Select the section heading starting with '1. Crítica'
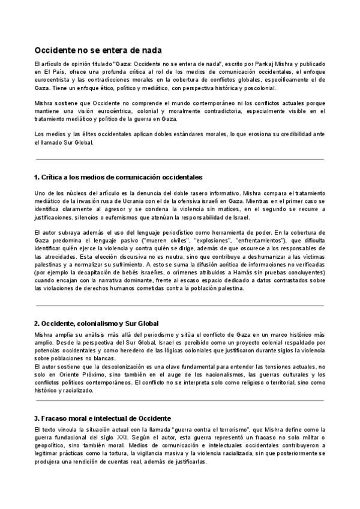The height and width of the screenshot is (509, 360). click(118, 177)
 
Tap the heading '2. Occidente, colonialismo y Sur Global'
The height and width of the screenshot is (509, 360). click(96, 323)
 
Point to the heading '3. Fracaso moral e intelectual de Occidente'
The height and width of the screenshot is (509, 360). click(103, 418)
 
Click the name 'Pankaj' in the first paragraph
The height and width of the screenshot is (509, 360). click(263, 64)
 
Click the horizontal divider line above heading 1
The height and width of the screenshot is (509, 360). click(180, 159)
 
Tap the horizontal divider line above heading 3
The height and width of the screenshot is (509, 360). click(180, 400)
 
